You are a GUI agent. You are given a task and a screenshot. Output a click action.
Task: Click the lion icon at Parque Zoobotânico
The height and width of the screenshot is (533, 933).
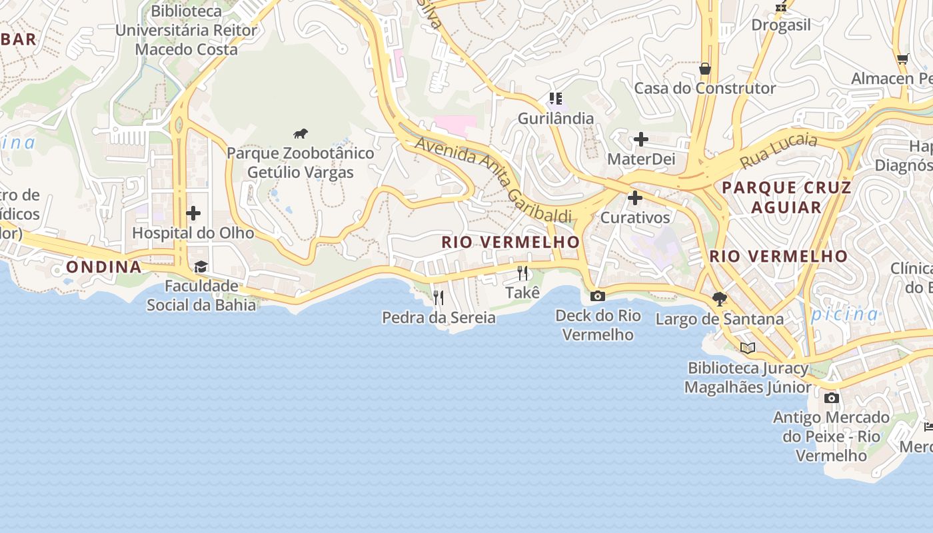(x=301, y=134)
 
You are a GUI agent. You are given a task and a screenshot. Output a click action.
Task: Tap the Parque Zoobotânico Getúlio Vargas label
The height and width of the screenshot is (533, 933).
(x=301, y=163)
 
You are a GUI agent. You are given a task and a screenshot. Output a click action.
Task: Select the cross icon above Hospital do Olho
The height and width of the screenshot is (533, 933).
(x=193, y=213)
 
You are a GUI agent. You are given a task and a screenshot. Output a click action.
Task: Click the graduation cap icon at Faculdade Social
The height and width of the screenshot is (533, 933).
(x=201, y=267)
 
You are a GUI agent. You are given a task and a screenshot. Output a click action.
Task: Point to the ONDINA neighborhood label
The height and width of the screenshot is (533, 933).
(x=104, y=267)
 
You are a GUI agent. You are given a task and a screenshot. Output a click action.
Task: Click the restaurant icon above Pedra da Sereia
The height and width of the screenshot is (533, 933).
(x=439, y=297)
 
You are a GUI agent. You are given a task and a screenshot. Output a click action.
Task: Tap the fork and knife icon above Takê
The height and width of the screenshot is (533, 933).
(x=522, y=273)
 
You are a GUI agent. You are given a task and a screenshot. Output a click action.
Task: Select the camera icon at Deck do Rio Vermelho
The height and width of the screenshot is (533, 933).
(x=598, y=296)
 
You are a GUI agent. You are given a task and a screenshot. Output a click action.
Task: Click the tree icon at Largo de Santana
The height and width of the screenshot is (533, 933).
(x=719, y=298)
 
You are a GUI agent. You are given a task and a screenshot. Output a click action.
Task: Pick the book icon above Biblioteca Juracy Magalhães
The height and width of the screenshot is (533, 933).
(x=748, y=348)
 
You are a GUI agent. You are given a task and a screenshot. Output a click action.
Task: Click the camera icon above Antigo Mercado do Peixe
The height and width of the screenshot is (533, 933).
(x=831, y=398)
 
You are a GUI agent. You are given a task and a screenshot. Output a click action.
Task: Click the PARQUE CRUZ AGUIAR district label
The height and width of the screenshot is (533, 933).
(x=787, y=197)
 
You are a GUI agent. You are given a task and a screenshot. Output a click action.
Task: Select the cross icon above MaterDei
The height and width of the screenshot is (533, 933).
(x=641, y=139)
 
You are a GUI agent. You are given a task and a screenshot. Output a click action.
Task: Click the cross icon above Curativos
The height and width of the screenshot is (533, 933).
(x=635, y=198)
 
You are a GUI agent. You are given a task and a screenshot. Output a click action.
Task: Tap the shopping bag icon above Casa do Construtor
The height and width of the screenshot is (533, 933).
(x=704, y=69)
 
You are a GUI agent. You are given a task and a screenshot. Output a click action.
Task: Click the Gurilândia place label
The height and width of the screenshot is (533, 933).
(x=556, y=119)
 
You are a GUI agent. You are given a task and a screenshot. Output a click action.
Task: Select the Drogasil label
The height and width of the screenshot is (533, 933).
(x=781, y=25)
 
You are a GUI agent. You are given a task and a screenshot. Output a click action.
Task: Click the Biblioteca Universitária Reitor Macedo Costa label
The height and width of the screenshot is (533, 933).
(x=186, y=30)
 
